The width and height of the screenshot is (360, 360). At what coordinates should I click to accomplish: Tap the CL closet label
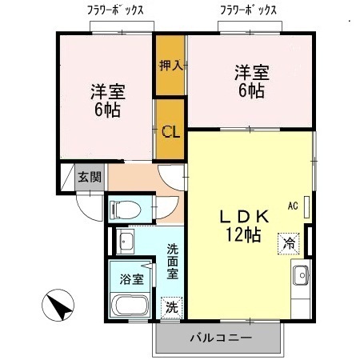(x=170, y=131)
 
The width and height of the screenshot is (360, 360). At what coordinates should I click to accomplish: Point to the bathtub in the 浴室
(x=130, y=306)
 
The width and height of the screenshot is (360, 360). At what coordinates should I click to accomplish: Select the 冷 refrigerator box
(x=286, y=242)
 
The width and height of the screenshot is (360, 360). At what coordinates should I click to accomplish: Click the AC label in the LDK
(x=292, y=206)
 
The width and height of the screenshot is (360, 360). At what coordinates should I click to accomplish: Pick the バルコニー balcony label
(x=221, y=339)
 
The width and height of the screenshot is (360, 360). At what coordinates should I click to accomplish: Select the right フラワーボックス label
(x=250, y=10)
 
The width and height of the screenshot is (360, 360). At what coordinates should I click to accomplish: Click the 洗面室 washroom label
(x=172, y=262)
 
